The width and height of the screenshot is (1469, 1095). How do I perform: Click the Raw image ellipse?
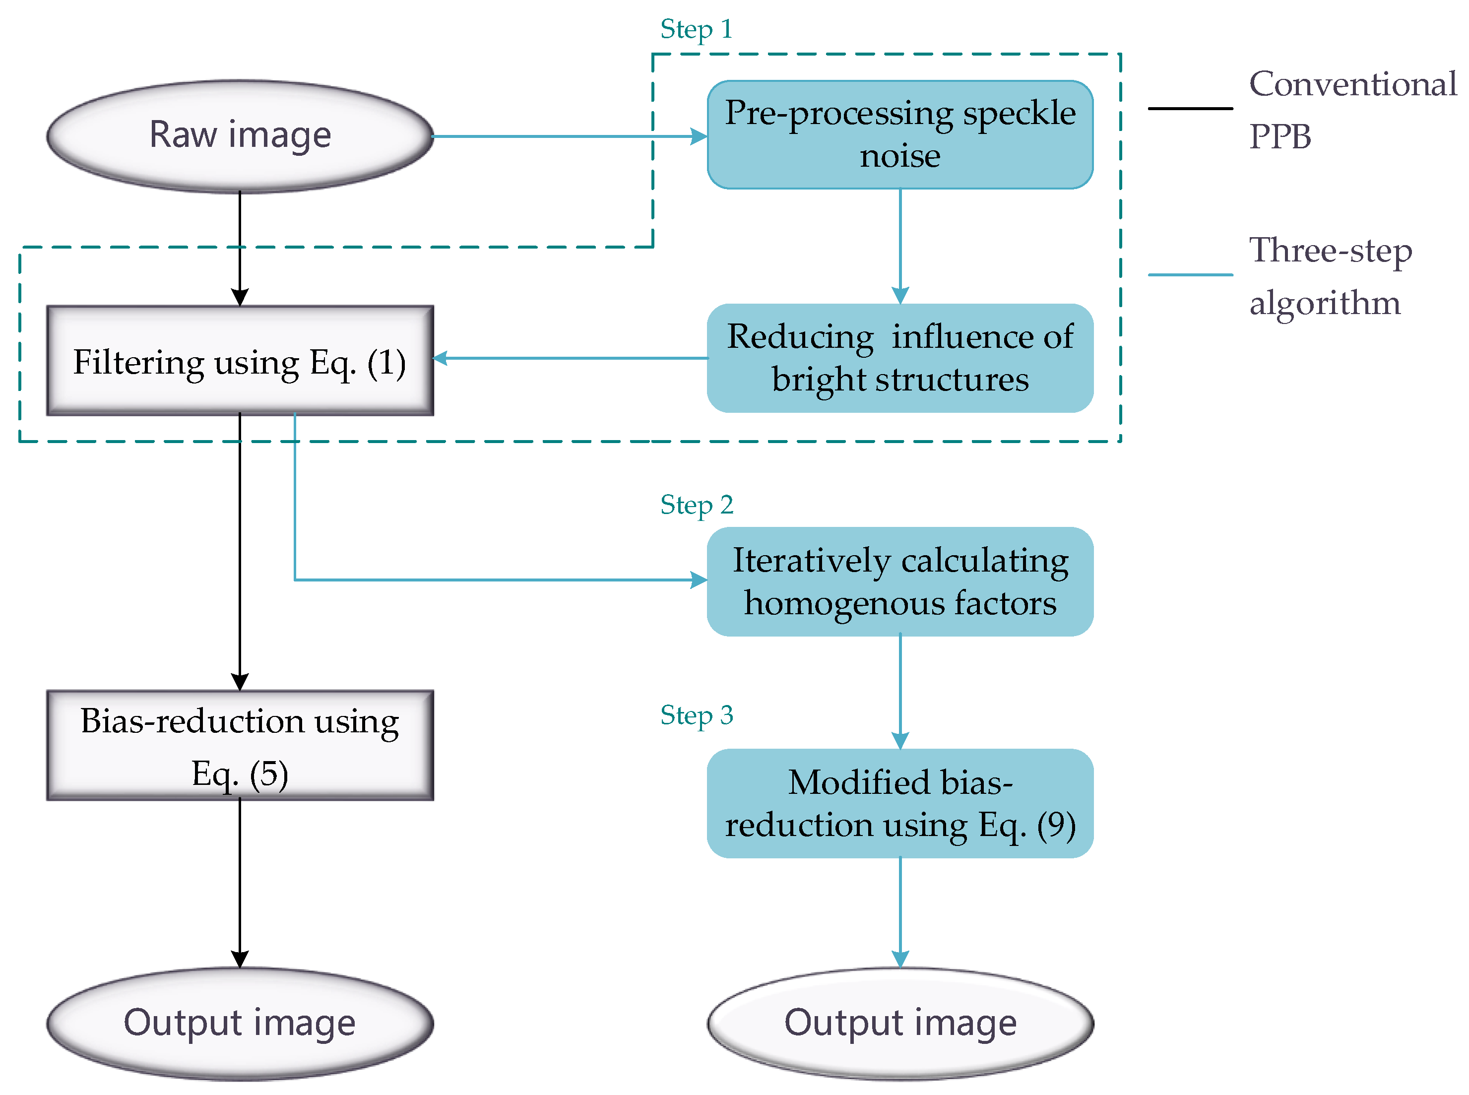coord(239,135)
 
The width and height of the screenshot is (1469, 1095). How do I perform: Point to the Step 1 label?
coord(696,29)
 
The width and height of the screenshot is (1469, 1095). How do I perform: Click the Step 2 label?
coord(696,505)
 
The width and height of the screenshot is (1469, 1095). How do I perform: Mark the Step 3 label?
coord(696,714)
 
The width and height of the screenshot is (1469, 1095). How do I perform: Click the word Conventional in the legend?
coord(1352,84)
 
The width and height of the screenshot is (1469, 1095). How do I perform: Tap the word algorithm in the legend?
coord(1324,303)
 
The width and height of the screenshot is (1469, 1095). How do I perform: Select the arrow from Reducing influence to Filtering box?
coord(570,358)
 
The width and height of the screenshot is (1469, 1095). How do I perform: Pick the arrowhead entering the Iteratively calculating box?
coord(698,580)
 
